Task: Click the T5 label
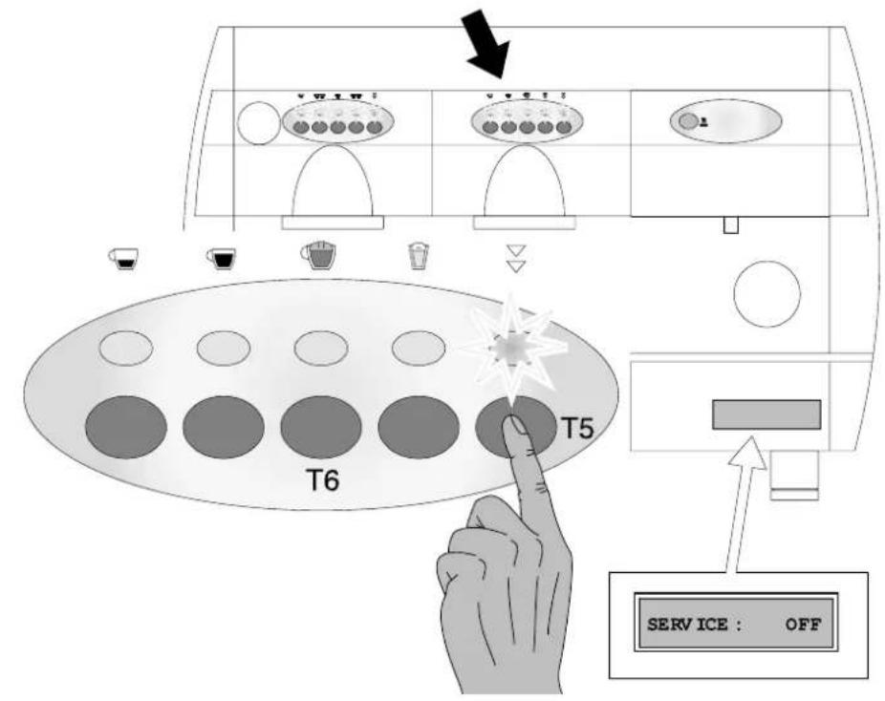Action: tap(577, 428)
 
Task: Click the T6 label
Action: tap(323, 480)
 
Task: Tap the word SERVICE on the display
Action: tap(694, 625)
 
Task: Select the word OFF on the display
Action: tap(803, 625)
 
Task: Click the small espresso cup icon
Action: tap(124, 258)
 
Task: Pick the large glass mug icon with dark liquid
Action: tap(319, 256)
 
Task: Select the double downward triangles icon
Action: tap(516, 259)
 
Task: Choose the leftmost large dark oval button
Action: tap(126, 427)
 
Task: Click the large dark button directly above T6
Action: tap(321, 427)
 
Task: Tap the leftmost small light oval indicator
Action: tap(126, 348)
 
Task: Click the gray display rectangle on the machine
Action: tap(766, 414)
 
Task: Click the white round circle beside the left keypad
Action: tap(259, 122)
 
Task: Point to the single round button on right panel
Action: tap(687, 121)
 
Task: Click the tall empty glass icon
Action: tap(417, 256)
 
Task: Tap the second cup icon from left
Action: tap(222, 258)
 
